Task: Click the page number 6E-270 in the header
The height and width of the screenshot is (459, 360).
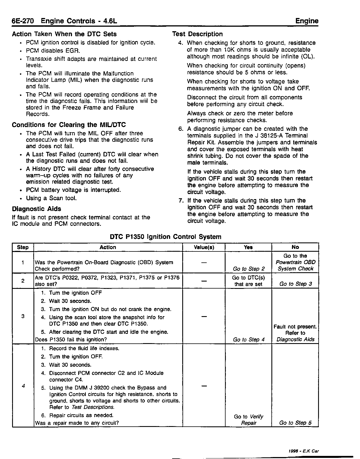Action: coord(23,21)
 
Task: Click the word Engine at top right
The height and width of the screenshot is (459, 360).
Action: coord(307,21)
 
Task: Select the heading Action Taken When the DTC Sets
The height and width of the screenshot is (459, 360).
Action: coord(64,34)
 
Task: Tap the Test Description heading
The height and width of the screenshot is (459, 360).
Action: coord(197,34)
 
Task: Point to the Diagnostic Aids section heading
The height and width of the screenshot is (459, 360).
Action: coord(37,209)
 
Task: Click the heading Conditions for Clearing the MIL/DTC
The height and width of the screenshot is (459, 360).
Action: coord(69,125)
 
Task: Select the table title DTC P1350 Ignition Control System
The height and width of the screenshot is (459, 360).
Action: coord(165,237)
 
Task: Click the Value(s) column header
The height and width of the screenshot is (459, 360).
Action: coord(204,247)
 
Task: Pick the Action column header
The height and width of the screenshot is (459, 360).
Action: coord(108,247)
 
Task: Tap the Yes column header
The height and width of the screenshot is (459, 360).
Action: coord(248,247)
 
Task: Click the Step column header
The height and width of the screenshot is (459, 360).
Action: coord(23,247)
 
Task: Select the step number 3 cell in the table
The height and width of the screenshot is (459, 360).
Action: coord(23,316)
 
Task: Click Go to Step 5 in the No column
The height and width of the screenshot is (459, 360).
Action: coord(295,423)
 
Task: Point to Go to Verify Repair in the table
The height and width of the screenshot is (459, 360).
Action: coord(249,420)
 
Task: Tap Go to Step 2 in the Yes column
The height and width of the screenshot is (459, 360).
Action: coord(249,269)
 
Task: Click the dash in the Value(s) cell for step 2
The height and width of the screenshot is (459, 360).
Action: coord(204,281)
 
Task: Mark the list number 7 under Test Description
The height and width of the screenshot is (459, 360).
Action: coord(181,201)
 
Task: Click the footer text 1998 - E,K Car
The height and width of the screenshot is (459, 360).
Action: coord(303,451)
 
